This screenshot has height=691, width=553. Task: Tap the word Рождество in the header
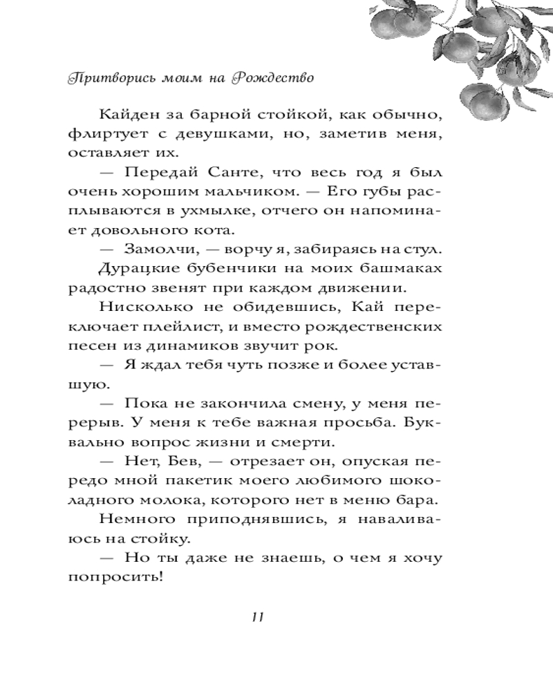274,77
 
